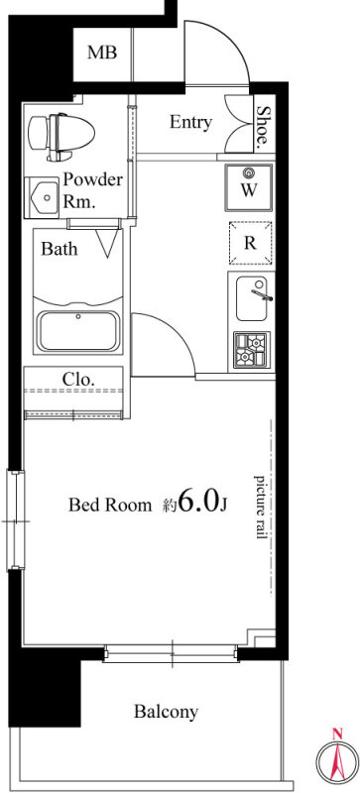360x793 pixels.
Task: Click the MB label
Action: [x=102, y=53]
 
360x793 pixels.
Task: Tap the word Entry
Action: [x=190, y=122]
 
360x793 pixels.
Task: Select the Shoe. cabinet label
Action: [x=263, y=128]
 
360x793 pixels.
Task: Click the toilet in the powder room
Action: [x=61, y=136]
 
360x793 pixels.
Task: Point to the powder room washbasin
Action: [x=43, y=197]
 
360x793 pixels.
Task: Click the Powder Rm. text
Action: [x=92, y=190]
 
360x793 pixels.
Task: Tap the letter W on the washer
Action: [x=249, y=190]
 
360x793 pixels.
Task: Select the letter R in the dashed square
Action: [x=250, y=243]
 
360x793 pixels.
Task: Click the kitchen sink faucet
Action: [x=262, y=291]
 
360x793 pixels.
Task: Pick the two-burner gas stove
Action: [x=252, y=349]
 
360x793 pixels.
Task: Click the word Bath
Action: [x=60, y=249]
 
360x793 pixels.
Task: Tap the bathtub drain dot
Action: [x=78, y=317]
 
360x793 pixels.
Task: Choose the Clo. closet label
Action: [x=78, y=379]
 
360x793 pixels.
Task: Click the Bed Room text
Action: [x=110, y=505]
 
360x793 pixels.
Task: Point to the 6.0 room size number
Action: [x=198, y=501]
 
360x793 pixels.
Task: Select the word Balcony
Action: [x=166, y=712]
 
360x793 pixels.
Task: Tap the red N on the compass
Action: [x=336, y=734]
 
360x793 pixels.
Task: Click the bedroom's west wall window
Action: [x=15, y=519]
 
